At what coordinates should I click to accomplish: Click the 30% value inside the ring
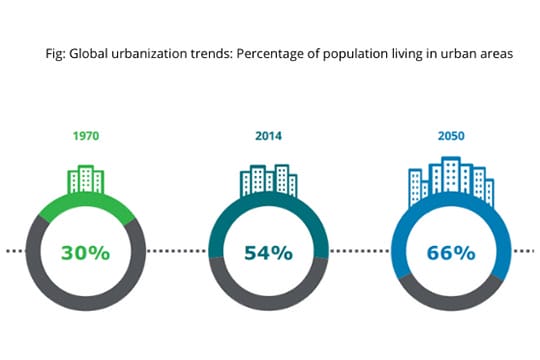tap(85, 252)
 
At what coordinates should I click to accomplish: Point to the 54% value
tap(268, 252)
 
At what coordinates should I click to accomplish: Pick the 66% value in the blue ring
tap(451, 252)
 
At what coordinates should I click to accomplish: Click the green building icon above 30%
tap(85, 179)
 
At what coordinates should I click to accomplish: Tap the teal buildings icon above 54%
tap(268, 179)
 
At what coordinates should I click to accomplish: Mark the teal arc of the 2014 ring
tap(268, 199)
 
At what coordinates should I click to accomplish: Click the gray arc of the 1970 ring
tap(85, 304)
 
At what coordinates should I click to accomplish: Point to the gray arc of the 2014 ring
tap(268, 304)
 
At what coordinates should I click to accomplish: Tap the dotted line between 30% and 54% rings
tap(176, 250)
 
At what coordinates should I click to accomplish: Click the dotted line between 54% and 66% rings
tap(359, 250)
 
